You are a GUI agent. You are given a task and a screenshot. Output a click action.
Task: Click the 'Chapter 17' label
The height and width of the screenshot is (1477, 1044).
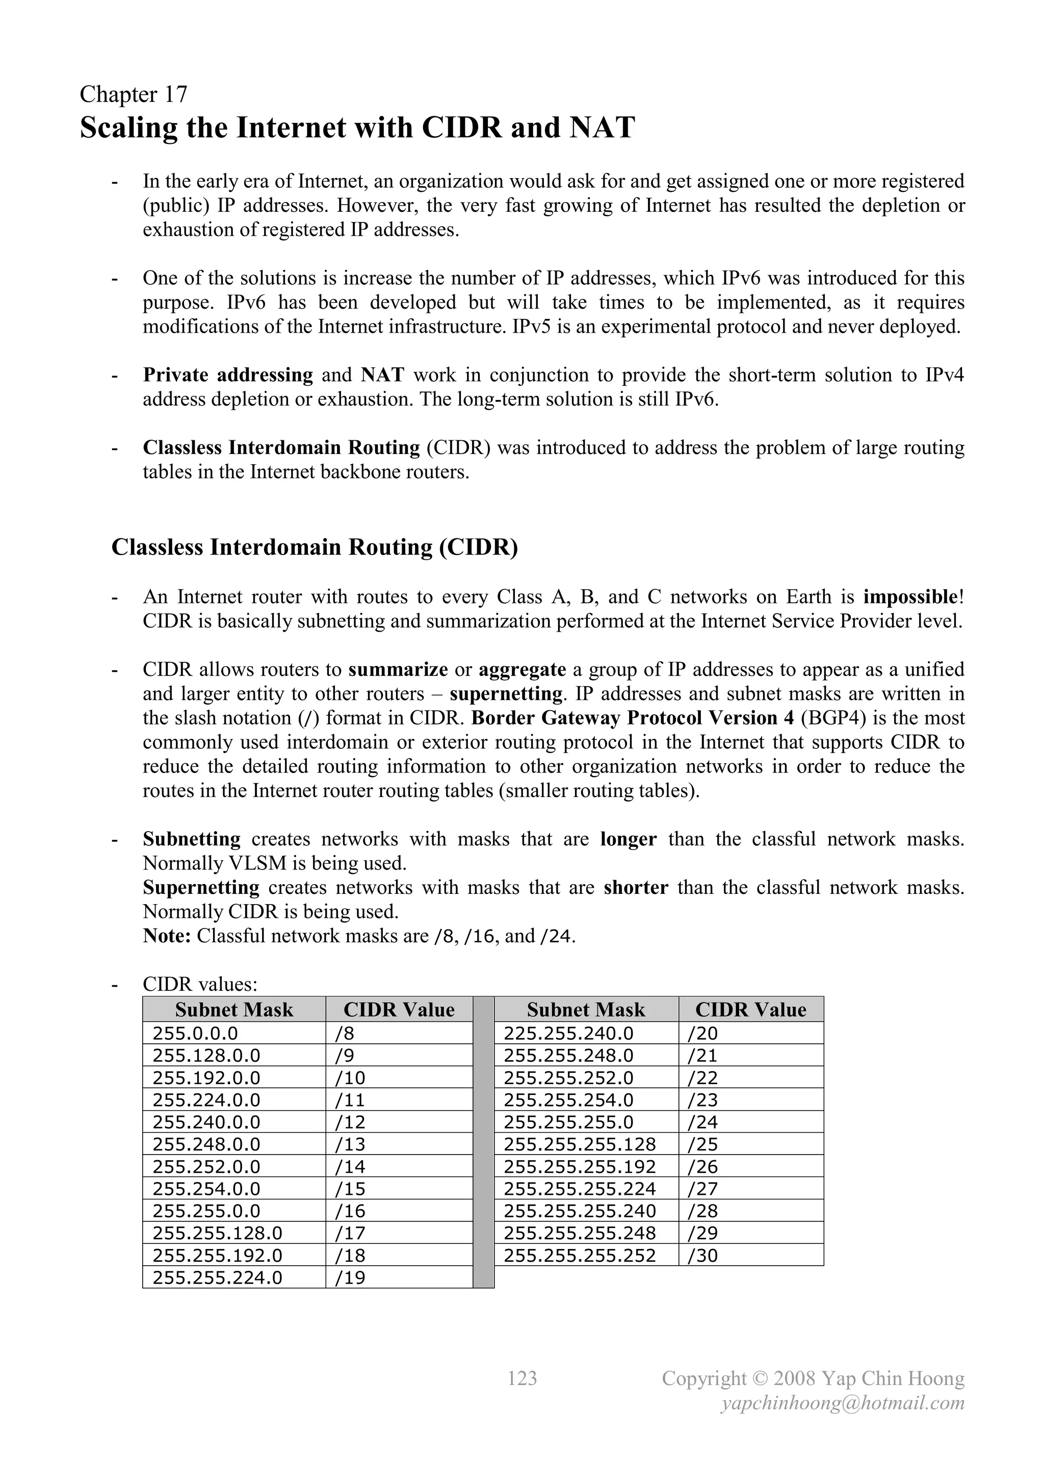(x=133, y=94)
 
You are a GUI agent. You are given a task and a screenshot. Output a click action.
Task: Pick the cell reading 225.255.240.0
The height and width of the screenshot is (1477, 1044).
(x=568, y=1033)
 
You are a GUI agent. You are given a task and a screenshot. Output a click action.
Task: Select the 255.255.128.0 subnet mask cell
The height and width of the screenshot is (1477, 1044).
(x=217, y=1233)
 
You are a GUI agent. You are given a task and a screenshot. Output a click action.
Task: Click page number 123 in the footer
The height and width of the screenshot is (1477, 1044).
(x=522, y=1378)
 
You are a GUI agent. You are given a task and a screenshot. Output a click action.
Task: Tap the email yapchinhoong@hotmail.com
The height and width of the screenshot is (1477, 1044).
(x=843, y=1403)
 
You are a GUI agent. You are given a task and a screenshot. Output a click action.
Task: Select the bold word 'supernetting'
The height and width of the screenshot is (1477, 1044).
(x=506, y=694)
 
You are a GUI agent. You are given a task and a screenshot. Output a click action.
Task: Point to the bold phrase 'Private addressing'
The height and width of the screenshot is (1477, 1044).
(x=227, y=375)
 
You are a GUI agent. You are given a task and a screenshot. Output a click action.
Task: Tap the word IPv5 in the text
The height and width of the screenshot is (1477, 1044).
(x=530, y=327)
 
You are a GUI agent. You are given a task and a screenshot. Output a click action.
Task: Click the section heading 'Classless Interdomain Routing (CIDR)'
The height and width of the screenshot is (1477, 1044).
(x=315, y=547)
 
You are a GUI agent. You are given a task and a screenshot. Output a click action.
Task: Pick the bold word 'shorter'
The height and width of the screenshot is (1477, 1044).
(x=636, y=888)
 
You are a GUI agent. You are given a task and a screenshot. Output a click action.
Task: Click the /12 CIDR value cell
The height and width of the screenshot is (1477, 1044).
(x=350, y=1122)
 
